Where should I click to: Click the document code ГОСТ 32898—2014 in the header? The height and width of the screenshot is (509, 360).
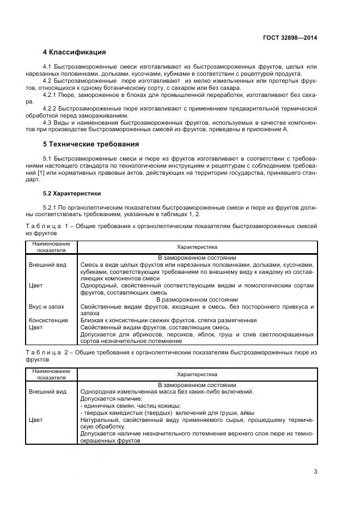(289, 38)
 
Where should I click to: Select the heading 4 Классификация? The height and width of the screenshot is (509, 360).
(74, 52)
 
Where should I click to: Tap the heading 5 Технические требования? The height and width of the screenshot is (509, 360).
(90, 144)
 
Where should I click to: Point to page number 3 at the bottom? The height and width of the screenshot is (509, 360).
(315, 471)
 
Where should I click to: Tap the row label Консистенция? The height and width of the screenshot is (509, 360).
(48, 321)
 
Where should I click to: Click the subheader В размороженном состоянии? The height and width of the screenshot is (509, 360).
(197, 300)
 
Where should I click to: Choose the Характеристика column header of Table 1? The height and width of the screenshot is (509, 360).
(197, 247)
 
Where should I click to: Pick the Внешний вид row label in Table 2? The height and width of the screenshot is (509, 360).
(47, 391)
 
